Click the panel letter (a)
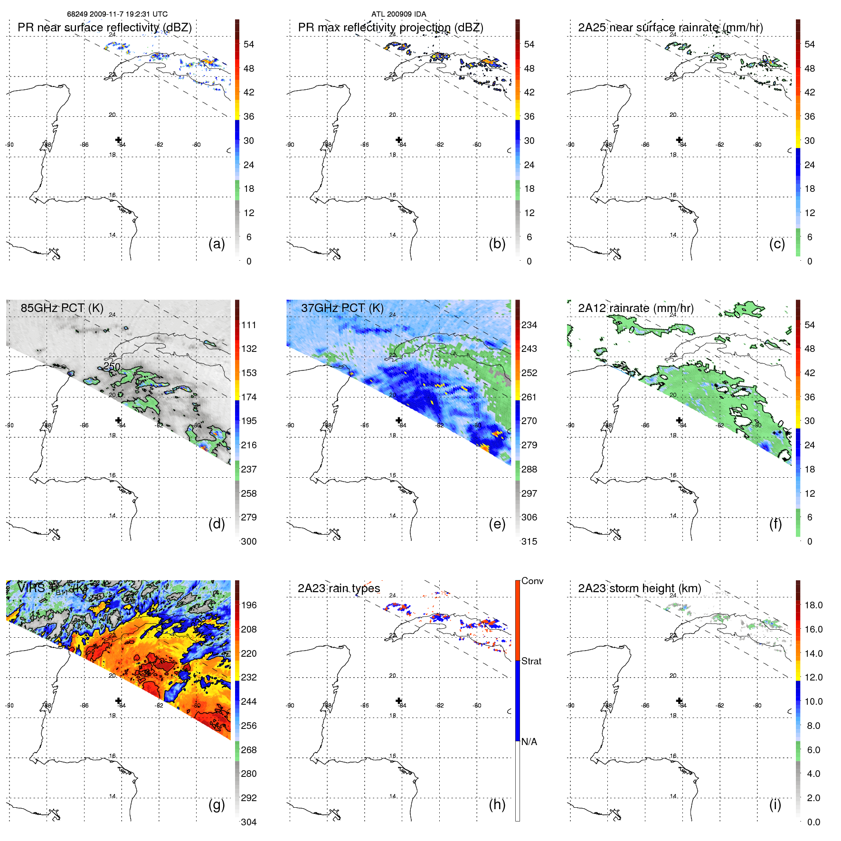click(x=217, y=244)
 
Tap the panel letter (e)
click(x=497, y=524)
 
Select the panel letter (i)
click(x=775, y=804)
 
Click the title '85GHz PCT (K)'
click(x=62, y=308)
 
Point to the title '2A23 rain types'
click(x=339, y=588)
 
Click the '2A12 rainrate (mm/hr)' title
click(x=635, y=308)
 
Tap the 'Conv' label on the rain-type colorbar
click(x=532, y=581)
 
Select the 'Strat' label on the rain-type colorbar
click(x=531, y=661)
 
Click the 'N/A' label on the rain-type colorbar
click(x=529, y=742)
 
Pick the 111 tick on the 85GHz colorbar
click(x=249, y=325)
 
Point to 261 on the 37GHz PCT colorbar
click(x=529, y=397)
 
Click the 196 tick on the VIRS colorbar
click(x=249, y=605)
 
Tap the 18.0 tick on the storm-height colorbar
click(x=813, y=605)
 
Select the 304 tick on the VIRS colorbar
click(x=249, y=822)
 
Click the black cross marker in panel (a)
click(x=118, y=140)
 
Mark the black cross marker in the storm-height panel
click(x=679, y=700)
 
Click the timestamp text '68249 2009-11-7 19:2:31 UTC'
click(x=117, y=14)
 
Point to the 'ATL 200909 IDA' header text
click(x=398, y=14)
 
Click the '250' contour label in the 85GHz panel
click(x=112, y=366)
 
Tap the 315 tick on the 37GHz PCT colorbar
click(x=529, y=541)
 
